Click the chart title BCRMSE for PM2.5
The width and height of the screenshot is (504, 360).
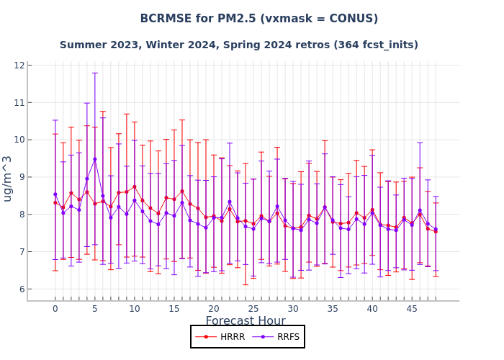[258, 19]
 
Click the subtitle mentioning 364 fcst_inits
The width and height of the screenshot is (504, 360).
[238, 45]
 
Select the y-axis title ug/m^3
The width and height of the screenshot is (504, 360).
[8, 178]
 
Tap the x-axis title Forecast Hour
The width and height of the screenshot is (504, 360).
[246, 321]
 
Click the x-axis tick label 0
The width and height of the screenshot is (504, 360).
[55, 309]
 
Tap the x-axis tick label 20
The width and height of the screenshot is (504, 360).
[214, 309]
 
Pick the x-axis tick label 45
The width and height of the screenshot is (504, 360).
[412, 309]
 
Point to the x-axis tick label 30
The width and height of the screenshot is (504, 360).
[293, 309]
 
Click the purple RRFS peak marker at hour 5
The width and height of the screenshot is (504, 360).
[94, 159]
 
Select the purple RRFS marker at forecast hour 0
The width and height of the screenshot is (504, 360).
[55, 194]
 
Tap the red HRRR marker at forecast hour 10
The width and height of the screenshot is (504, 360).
[134, 186]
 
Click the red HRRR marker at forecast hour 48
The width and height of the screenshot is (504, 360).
[436, 231]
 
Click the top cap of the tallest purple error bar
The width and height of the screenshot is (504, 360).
[94, 73]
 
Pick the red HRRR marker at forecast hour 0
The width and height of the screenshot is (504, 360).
[55, 202]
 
